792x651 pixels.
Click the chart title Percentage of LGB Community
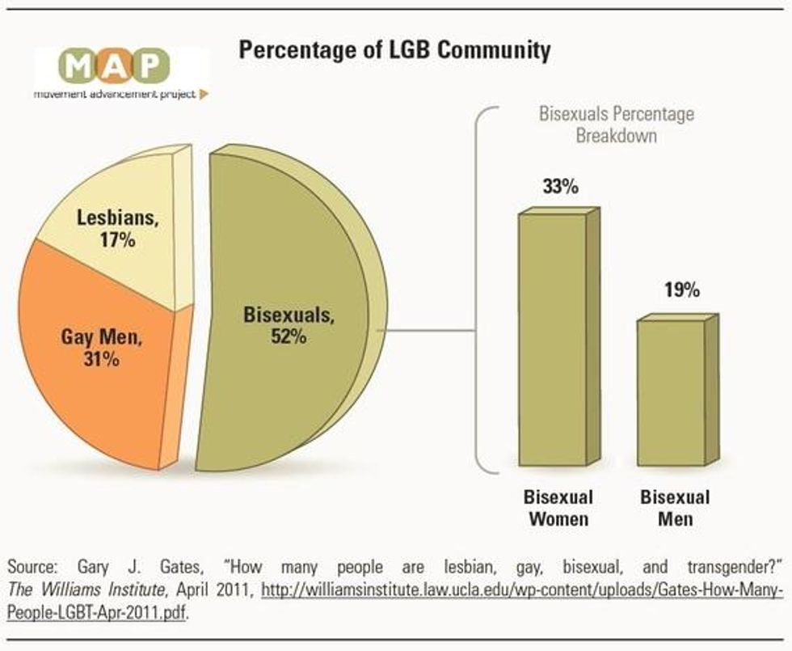coord(394,50)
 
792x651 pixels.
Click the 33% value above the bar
coord(560,187)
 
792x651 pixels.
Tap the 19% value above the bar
coord(680,290)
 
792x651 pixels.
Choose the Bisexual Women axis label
coord(558,508)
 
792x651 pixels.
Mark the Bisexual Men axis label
coord(675,508)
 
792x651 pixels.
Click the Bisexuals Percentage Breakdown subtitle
coord(617,125)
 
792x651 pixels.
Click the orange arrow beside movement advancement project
coord(204,94)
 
